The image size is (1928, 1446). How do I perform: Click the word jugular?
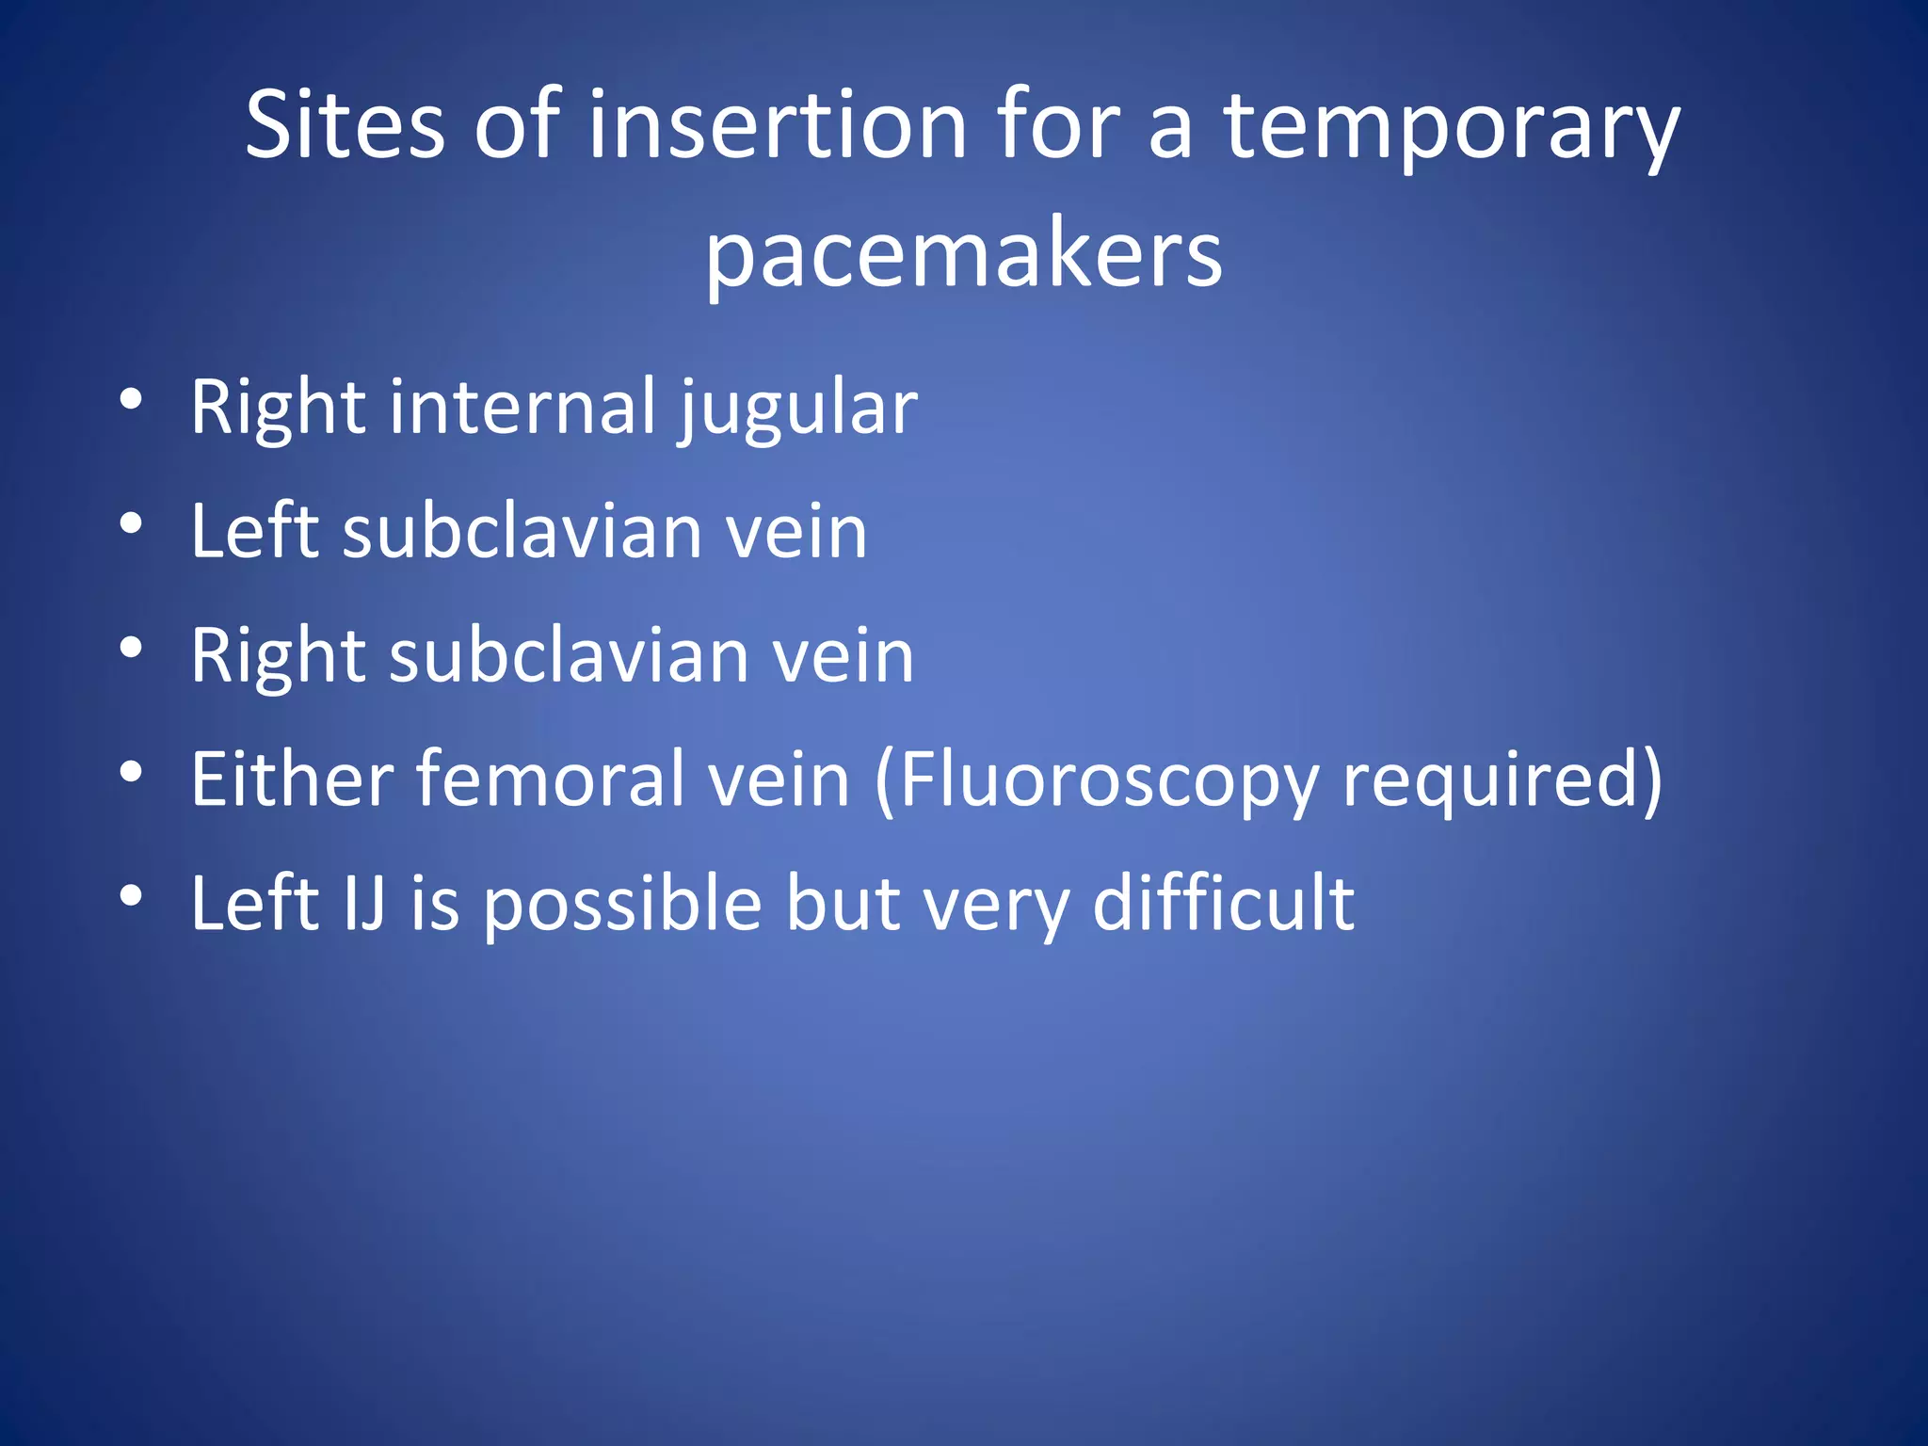[798, 410]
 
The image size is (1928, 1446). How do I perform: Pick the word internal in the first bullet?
[522, 407]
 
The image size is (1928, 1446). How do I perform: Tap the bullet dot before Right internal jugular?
[131, 399]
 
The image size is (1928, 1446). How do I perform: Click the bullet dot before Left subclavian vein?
[131, 523]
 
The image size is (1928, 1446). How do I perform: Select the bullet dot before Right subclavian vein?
[131, 648]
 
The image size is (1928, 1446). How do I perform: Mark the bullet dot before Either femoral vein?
[131, 772]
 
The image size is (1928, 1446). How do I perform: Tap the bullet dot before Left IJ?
[131, 896]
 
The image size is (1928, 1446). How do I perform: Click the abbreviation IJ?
[365, 904]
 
